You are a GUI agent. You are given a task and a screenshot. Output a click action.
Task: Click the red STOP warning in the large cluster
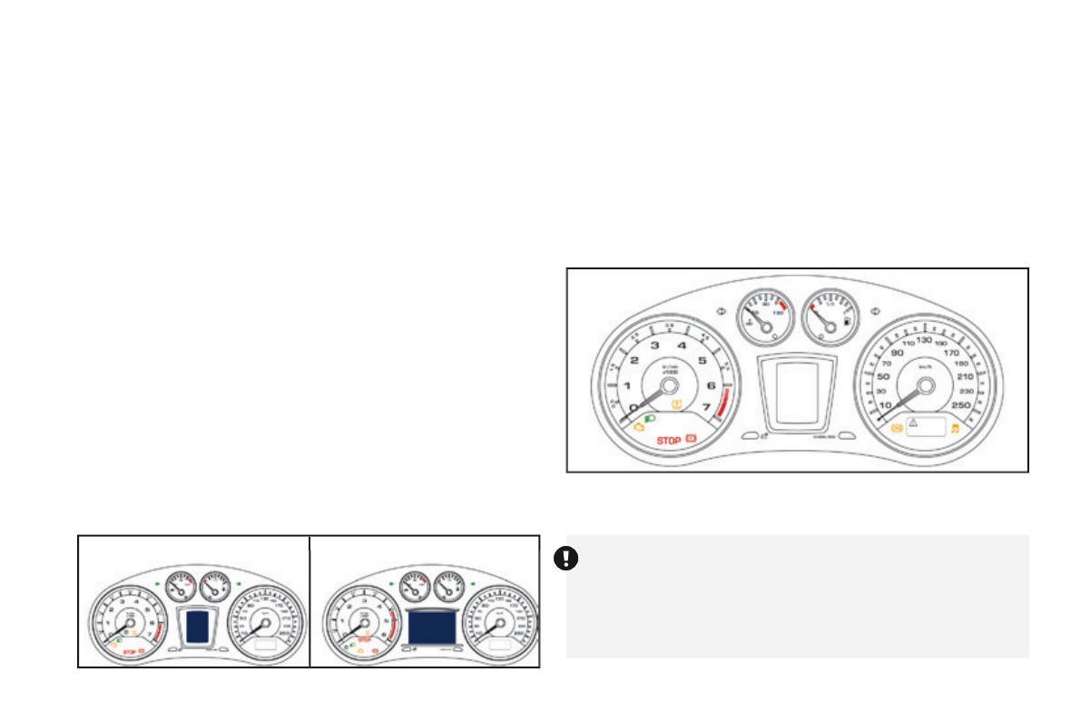668,441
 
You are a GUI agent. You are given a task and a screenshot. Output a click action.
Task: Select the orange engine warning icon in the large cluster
639,426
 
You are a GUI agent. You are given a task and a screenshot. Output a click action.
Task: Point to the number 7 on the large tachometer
706,407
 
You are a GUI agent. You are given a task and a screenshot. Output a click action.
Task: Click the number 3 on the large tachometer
654,345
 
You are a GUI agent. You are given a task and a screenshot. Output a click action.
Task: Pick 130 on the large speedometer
924,340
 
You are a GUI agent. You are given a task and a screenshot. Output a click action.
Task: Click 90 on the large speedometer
898,353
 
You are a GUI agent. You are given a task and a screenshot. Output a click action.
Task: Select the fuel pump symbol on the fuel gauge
846,321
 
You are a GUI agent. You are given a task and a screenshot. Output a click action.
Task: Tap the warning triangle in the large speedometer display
914,423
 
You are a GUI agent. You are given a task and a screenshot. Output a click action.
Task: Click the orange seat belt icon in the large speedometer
897,426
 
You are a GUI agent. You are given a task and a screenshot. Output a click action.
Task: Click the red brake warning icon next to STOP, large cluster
693,440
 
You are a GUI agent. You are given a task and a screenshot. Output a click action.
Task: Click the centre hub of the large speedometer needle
925,385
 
